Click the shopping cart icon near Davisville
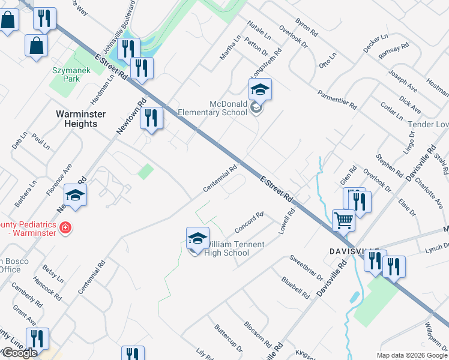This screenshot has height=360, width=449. [343, 220]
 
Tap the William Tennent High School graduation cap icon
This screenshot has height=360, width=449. [197, 238]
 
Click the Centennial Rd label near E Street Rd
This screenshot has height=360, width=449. [220, 178]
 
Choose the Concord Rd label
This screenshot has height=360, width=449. [249, 223]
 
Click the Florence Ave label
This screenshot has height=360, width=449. [59, 179]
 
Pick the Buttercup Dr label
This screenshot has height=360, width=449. [228, 339]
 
